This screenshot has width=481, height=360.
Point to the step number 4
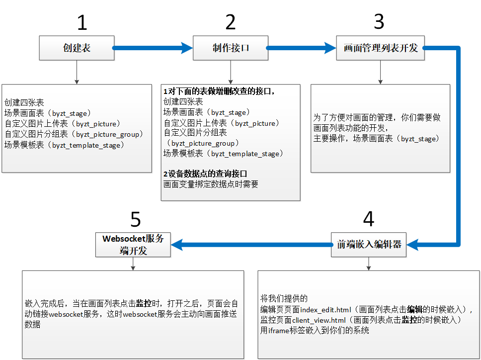[368, 219]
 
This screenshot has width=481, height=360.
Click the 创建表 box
[77, 48]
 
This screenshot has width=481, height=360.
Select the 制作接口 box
[230, 48]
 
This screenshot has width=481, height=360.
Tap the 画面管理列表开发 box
[380, 48]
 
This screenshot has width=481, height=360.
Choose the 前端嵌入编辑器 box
[368, 244]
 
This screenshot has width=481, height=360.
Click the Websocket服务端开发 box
[133, 244]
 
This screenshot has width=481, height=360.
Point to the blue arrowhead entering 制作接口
[187, 48]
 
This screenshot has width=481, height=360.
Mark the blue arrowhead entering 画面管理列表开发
[330, 48]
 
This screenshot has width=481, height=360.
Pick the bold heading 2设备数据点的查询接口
[205, 174]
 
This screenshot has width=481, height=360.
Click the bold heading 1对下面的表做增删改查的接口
[219, 91]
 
